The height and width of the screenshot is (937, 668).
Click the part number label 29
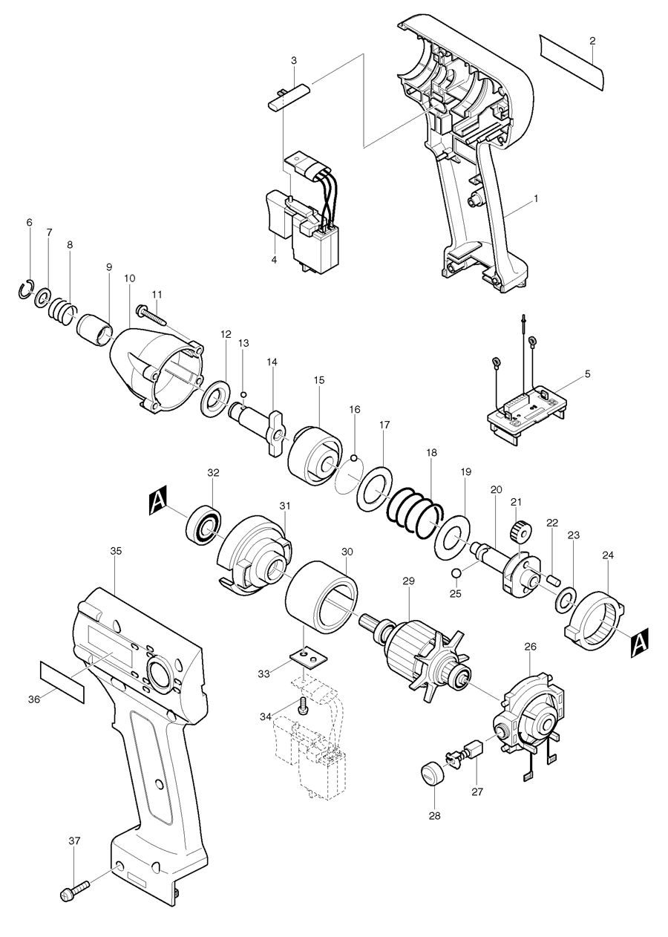click(x=407, y=581)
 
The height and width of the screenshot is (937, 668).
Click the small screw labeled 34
click(x=303, y=705)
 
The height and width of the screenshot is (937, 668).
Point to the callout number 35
click(x=116, y=552)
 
